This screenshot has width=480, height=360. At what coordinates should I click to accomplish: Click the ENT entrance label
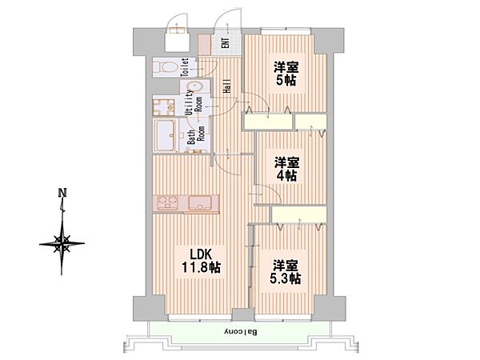coord(226,42)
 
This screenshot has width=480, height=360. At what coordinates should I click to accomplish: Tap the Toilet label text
coord(185,67)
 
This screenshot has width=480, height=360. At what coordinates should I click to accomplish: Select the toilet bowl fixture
coord(166,67)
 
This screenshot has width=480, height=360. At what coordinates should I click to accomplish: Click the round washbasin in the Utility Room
coord(194,86)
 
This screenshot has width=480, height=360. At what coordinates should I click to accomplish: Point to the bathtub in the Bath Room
coord(165,135)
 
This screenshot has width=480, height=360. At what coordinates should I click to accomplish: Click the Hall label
coord(227,86)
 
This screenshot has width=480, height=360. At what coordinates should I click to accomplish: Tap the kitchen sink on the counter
coord(199,202)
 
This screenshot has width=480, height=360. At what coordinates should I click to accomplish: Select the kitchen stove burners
coord(168,202)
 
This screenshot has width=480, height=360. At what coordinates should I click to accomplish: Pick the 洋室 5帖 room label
coord(286,74)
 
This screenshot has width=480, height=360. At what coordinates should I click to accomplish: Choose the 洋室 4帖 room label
coord(286,169)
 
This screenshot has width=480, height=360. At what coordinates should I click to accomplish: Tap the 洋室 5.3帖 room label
coord(286,272)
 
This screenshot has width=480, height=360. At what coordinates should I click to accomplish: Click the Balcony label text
coord(242,332)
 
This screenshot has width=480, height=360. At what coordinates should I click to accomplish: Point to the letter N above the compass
coord(62,193)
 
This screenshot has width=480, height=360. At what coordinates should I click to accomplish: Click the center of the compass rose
coord(62,244)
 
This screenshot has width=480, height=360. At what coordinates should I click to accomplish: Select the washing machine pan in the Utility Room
coord(163,106)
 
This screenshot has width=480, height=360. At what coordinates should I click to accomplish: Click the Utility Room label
coord(194,102)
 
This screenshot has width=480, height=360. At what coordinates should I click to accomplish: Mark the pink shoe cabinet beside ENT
coord(205,45)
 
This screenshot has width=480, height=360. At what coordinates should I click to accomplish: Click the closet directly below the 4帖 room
coord(298,214)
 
